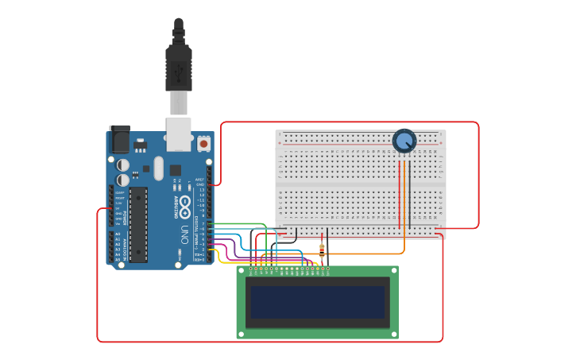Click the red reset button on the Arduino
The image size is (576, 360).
pos(203,144)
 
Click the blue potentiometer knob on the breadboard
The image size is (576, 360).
pos(404,141)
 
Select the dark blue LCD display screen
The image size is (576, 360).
pos(318,302)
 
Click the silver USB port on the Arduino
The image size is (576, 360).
pos(179,135)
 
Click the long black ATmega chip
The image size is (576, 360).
pos(138,225)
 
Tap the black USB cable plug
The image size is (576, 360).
pos(179,68)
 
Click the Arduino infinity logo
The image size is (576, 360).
pos(184,207)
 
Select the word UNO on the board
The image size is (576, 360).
pos(184,235)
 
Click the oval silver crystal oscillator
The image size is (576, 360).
pos(158,168)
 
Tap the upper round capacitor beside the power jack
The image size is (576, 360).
pos(123,165)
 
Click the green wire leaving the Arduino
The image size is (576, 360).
pos(238,224)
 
